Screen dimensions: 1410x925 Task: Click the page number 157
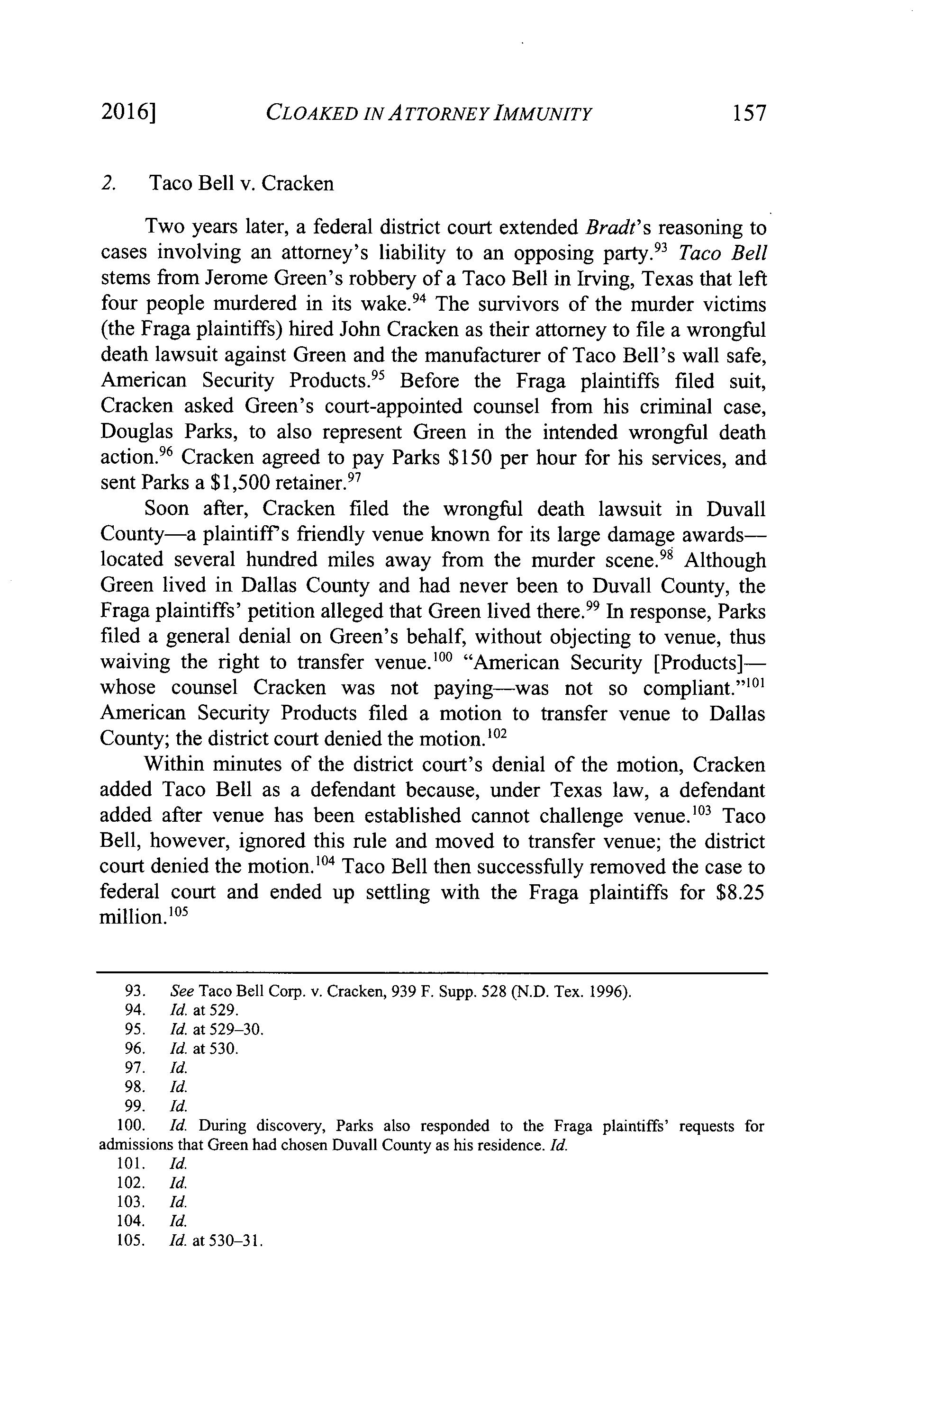[748, 113]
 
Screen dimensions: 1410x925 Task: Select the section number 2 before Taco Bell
[107, 183]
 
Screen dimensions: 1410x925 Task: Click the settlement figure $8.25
[741, 892]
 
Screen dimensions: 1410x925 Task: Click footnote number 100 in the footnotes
[135, 1126]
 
